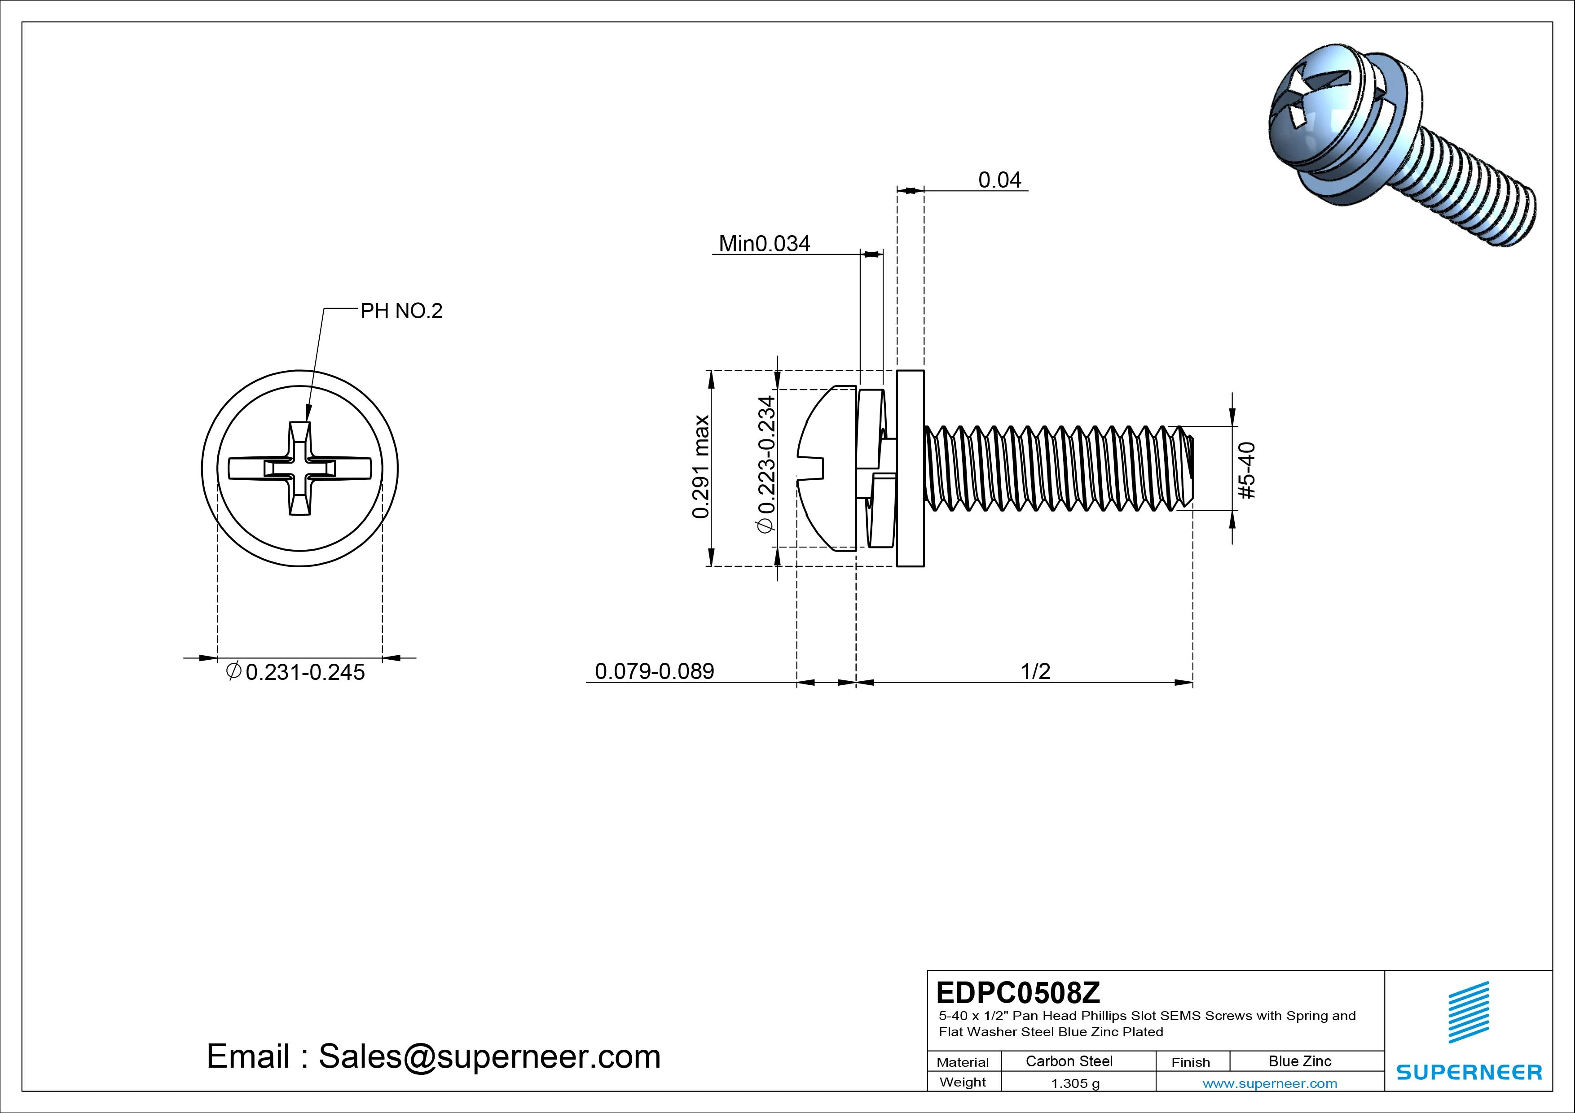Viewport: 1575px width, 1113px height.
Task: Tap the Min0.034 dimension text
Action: [x=764, y=243]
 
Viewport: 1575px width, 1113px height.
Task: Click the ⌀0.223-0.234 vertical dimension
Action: [x=766, y=464]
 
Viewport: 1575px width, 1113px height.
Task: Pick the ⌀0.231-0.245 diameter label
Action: [x=296, y=672]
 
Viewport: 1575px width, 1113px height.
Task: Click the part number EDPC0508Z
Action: [x=1018, y=992]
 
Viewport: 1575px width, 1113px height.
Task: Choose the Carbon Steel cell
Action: [x=1069, y=1061]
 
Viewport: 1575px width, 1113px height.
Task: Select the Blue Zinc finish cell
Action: [x=1300, y=1061]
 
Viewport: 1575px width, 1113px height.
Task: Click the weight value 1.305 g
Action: [x=1075, y=1083]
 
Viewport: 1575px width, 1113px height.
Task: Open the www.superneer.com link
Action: [x=1270, y=1083]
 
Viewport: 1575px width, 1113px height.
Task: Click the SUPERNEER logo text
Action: [x=1469, y=1072]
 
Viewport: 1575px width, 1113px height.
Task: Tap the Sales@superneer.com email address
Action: [x=489, y=1057]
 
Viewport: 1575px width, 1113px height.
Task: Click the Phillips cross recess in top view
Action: [x=300, y=469]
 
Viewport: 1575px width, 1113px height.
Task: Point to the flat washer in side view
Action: [x=910, y=469]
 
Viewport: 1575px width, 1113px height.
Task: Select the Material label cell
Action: [x=963, y=1061]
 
